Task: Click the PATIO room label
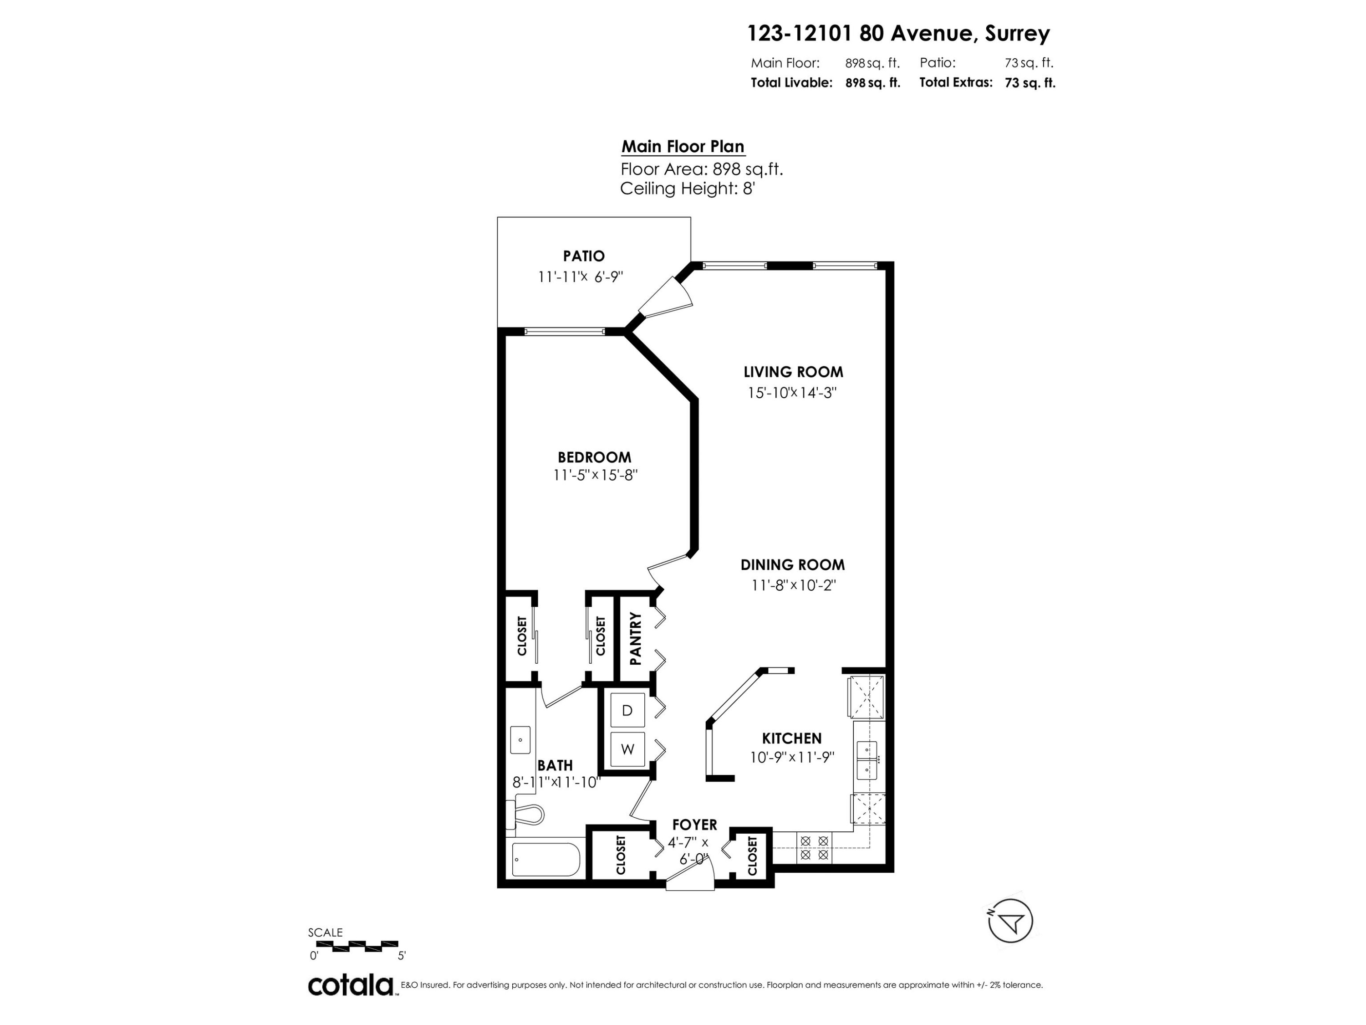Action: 584,256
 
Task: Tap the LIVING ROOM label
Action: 793,372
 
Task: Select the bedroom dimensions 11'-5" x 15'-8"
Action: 595,475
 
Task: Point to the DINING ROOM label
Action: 792,565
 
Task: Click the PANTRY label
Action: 635,638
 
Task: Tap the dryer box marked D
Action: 627,711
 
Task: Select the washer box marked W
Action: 627,749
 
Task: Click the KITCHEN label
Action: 792,738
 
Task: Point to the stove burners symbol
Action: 814,848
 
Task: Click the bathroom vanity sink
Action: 520,739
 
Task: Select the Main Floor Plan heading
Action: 683,147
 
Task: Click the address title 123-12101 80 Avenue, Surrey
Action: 898,33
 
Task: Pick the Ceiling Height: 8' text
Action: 687,189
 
